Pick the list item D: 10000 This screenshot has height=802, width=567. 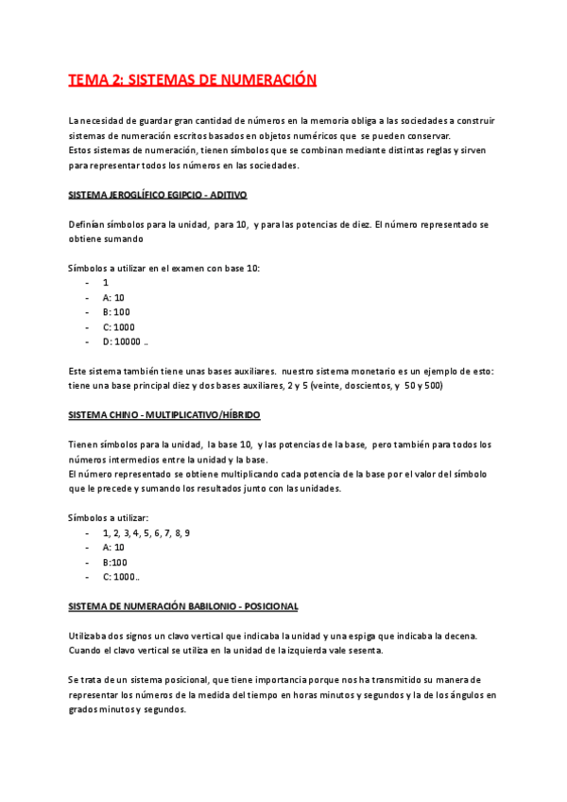pos(124,341)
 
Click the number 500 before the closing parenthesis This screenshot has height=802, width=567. pos(406,386)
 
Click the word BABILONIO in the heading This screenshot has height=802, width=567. pos(204,605)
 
